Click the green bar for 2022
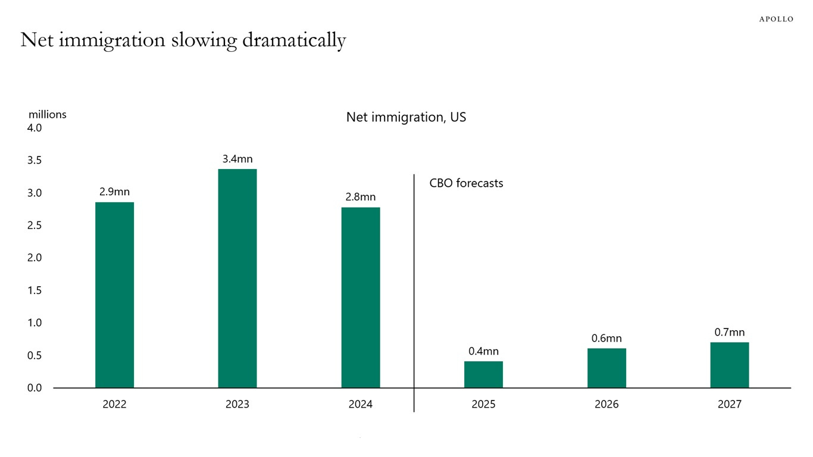114,295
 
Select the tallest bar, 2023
237,278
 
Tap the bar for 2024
360,298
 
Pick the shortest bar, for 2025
483,375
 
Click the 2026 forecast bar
606,368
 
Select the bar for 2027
729,365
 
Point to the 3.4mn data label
237,159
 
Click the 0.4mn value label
483,351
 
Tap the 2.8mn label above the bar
360,197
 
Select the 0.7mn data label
729,332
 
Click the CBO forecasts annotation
466,183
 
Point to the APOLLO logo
776,19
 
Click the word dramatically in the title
294,40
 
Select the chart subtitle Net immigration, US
406,117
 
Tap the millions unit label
48,114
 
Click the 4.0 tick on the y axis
35,128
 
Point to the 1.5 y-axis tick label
35,290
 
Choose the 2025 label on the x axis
483,405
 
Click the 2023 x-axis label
237,405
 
